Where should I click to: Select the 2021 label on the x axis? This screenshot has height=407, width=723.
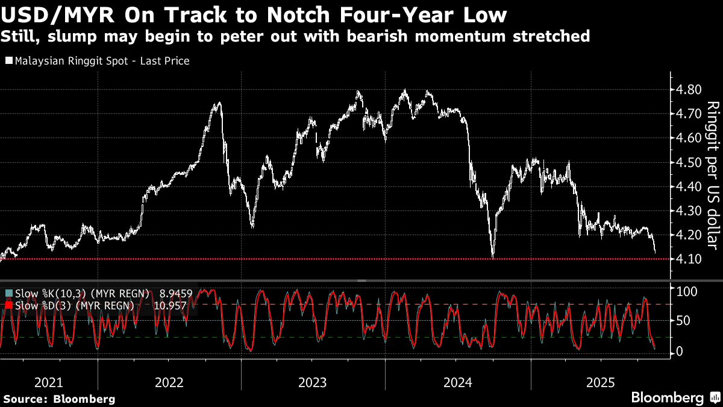[x=49, y=382]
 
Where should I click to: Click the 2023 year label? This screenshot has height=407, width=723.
[x=313, y=382]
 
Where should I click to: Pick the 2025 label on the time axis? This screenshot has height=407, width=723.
[x=601, y=382]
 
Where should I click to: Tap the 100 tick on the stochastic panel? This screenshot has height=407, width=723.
[x=687, y=292]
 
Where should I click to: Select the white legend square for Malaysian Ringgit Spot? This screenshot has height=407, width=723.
[x=8, y=61]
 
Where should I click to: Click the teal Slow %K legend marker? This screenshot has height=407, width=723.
[x=8, y=294]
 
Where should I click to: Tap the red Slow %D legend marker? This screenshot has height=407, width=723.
[x=8, y=306]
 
